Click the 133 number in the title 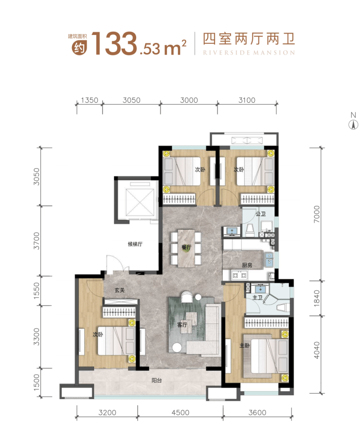tap(114, 43)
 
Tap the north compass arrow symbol tap(353, 125)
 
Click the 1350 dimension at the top tap(90, 100)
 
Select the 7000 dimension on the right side tap(317, 214)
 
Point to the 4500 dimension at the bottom tap(180, 413)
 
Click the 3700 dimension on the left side tap(36, 241)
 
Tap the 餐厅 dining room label tap(186, 247)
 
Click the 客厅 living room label tap(182, 325)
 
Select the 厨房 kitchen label tap(247, 265)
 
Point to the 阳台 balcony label tap(157, 380)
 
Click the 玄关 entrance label tap(120, 290)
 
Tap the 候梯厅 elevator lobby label tap(135, 244)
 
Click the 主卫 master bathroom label tap(257, 298)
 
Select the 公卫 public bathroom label tap(261, 214)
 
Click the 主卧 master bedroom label tap(245, 345)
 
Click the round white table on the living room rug tap(176, 347)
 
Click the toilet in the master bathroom tap(283, 307)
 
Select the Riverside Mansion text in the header tap(249, 53)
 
